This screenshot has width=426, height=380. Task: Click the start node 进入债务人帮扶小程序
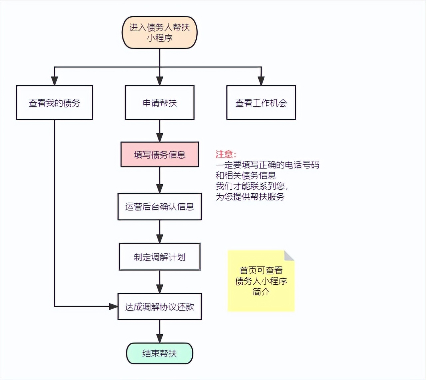(160, 33)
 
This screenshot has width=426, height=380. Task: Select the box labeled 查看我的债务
(54, 103)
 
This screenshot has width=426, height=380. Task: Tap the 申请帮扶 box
(160, 103)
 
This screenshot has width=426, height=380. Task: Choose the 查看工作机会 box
(261, 103)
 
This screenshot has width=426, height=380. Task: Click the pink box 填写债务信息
(160, 154)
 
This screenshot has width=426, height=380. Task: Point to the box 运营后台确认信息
(160, 207)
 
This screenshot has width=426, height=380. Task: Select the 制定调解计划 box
(160, 257)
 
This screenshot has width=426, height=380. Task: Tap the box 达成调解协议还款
(160, 307)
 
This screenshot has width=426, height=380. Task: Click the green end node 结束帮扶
(160, 353)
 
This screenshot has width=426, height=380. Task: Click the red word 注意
(225, 154)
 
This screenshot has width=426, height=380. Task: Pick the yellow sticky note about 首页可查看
(261, 281)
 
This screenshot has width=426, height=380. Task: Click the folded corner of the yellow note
(289, 256)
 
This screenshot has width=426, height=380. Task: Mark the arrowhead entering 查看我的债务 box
(54, 81)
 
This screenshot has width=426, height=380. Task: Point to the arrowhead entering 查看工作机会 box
(261, 81)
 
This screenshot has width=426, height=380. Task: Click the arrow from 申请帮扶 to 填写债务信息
(160, 131)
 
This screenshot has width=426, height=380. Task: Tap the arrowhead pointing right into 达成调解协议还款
(113, 307)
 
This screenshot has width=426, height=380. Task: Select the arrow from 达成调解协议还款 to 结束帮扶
(160, 332)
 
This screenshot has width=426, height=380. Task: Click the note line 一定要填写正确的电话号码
(267, 165)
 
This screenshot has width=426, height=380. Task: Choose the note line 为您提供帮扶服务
(250, 197)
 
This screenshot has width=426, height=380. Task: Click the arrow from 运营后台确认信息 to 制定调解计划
(160, 232)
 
